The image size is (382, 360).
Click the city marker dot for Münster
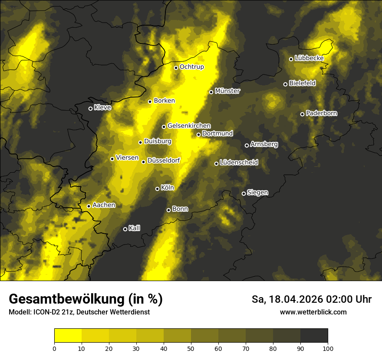[x=211, y=92]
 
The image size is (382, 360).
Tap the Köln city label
[x=168, y=188]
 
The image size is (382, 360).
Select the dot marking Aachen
[x=89, y=206]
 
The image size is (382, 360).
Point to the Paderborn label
[x=322, y=113]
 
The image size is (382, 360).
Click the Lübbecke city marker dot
[x=291, y=59]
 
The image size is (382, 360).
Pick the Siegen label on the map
[x=258, y=193]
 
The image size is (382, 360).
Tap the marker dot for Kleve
[x=91, y=108]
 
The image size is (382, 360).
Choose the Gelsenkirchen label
[x=189, y=126]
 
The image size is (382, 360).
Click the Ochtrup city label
[x=192, y=67]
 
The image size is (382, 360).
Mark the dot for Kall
[x=125, y=229]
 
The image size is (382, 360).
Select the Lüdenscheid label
[x=239, y=163]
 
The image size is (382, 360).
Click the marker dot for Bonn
[x=169, y=210]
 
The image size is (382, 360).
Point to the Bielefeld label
[x=303, y=83]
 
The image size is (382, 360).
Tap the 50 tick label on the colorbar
[x=191, y=348]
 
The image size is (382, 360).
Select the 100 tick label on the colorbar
[x=328, y=348]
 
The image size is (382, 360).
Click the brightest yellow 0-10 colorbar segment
[x=68, y=336]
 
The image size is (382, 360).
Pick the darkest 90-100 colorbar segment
[x=314, y=336]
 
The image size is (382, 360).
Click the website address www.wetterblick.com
[x=313, y=312]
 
